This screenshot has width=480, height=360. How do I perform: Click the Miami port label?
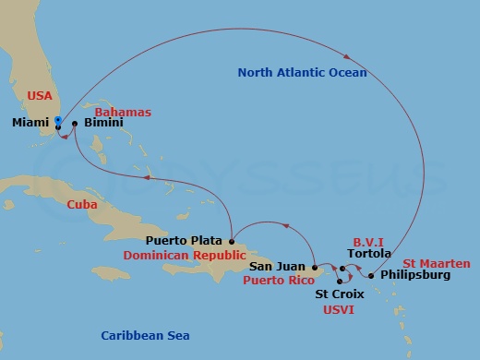[32, 122]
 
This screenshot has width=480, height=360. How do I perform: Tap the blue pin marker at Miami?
[57, 120]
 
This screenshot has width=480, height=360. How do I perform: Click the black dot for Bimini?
[75, 123]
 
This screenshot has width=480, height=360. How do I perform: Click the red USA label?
[41, 95]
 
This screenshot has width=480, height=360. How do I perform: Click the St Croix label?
[339, 294]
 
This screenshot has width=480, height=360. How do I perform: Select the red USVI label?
[338, 309]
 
